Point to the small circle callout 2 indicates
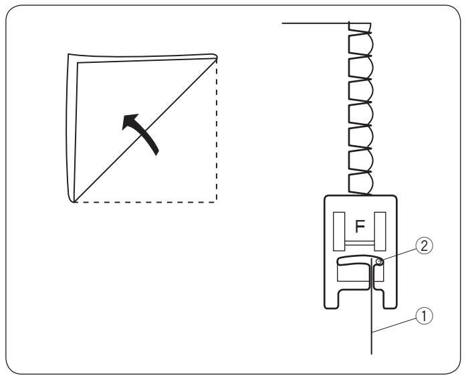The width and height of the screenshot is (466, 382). click(379, 262)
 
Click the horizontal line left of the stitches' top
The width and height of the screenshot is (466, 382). click(314, 23)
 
